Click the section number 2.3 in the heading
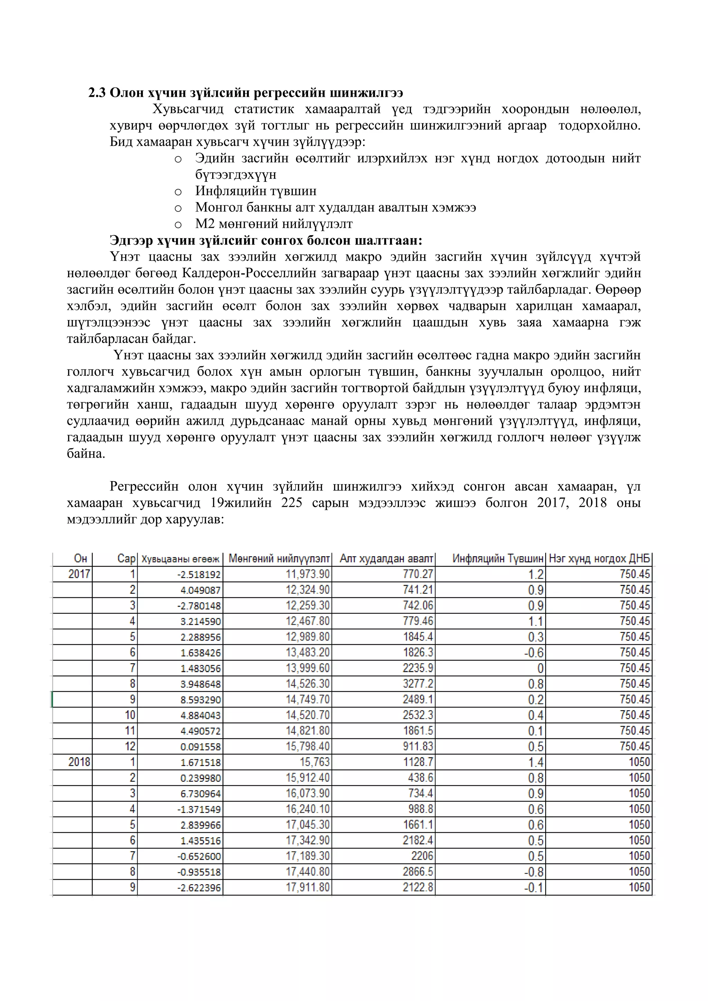[x=97, y=93]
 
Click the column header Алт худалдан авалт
[x=386, y=559]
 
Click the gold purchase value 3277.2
[x=418, y=684]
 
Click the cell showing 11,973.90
[x=307, y=574]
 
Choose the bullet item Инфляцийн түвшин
[x=256, y=191]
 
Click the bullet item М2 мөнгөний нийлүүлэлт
[x=274, y=224]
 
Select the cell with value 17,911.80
[x=307, y=887]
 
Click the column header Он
[x=81, y=559]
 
